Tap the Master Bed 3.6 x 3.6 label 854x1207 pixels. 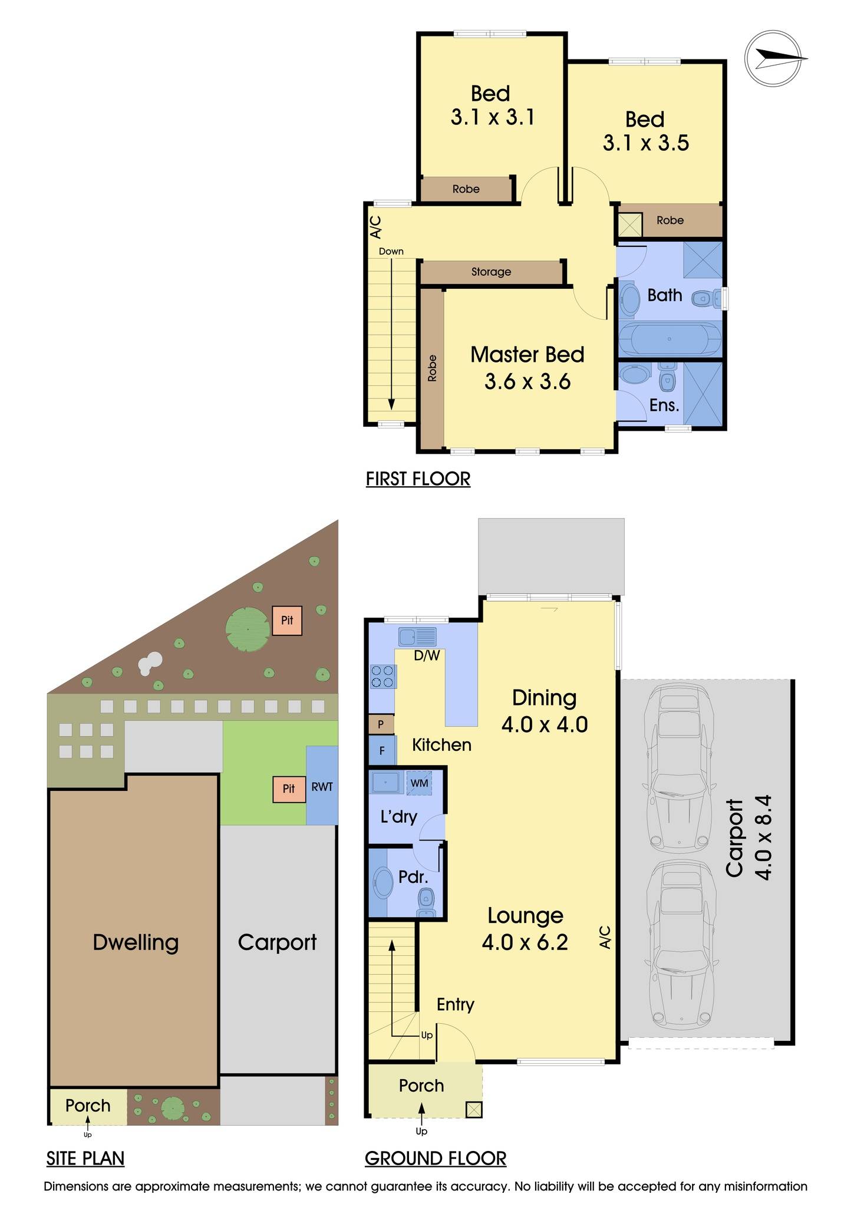click(527, 368)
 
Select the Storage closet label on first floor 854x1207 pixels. click(491, 272)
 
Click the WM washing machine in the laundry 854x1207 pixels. click(419, 783)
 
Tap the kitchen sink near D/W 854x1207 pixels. click(417, 637)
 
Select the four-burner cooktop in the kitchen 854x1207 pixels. click(383, 677)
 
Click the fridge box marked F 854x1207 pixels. click(381, 751)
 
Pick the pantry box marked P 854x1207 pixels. click(381, 724)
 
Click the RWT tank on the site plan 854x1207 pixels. click(322, 786)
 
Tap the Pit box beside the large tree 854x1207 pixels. click(287, 621)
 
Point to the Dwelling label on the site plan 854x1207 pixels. click(136, 942)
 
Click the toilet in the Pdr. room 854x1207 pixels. click(426, 902)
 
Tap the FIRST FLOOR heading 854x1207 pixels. click(418, 479)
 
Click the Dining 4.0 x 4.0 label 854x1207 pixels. click(544, 710)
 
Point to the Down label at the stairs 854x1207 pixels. click(391, 251)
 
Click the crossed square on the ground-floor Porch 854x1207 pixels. click(474, 1110)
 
